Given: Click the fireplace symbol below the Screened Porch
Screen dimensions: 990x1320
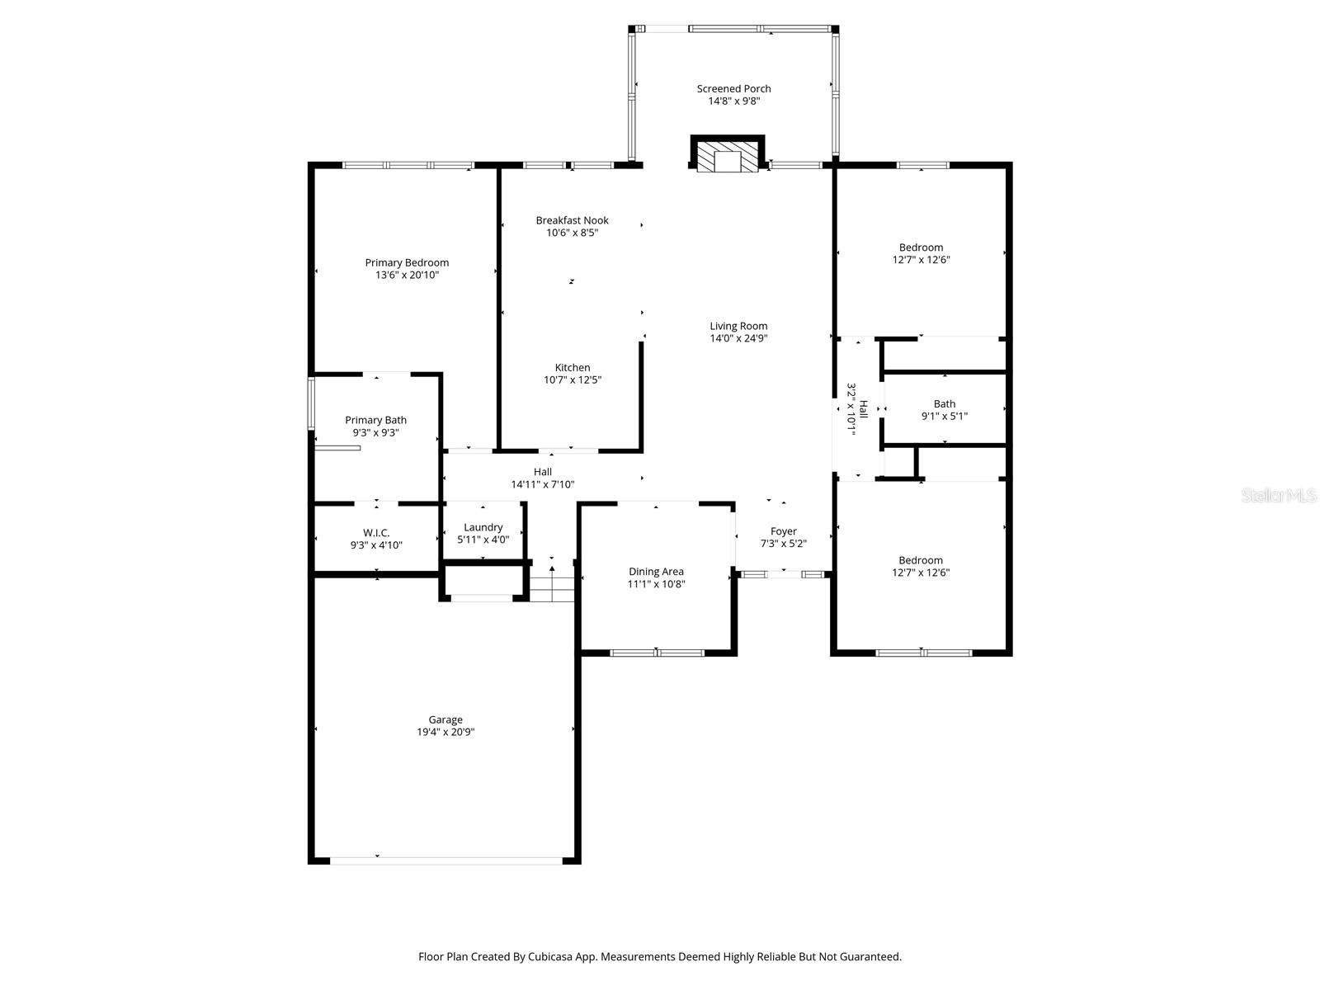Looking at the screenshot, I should [727, 155].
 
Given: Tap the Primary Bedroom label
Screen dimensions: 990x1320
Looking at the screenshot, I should [407, 263].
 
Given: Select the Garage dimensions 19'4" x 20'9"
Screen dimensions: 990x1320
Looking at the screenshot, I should [445, 732].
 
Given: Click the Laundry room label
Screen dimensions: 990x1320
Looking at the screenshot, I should [483, 527].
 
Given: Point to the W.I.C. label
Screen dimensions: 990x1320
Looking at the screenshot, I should [376, 533].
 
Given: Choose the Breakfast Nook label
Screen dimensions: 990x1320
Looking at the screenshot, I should [572, 220].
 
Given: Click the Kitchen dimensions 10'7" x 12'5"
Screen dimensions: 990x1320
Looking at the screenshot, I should [572, 380].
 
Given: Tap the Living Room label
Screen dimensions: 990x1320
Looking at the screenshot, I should [738, 326].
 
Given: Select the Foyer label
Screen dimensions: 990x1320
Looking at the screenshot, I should [783, 531].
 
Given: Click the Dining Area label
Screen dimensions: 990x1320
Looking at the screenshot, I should [656, 571].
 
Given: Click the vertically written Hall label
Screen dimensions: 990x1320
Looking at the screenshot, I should [863, 410].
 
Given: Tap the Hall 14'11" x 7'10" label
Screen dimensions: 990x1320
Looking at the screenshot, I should [542, 472].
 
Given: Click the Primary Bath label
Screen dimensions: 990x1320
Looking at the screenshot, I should [375, 420].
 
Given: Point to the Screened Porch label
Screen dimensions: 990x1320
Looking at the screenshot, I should [733, 89].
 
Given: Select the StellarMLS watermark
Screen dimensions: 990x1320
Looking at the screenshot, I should [1278, 496].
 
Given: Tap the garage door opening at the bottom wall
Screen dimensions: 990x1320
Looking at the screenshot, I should [445, 860].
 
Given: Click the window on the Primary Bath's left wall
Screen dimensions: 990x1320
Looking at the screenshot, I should [311, 403].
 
